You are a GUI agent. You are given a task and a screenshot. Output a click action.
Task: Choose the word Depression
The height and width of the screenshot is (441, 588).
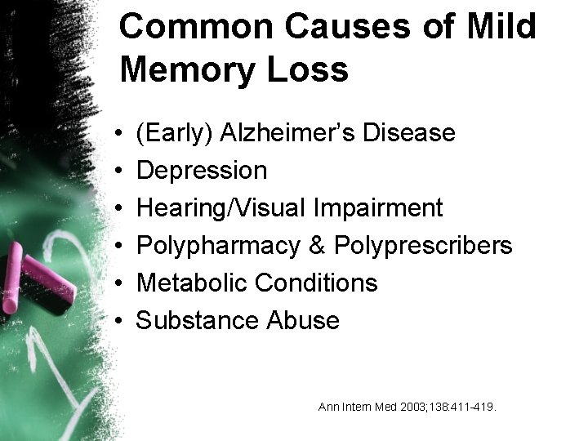pos(201,170)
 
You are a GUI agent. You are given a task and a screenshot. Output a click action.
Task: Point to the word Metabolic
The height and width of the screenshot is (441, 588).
pos(192,283)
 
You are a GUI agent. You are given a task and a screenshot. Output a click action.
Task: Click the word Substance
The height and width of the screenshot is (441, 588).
pos(197,320)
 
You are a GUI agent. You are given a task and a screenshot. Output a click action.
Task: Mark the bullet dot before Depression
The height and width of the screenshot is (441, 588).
pos(120,171)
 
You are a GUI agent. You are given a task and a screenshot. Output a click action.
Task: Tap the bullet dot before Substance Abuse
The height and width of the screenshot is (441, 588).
pos(120,321)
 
